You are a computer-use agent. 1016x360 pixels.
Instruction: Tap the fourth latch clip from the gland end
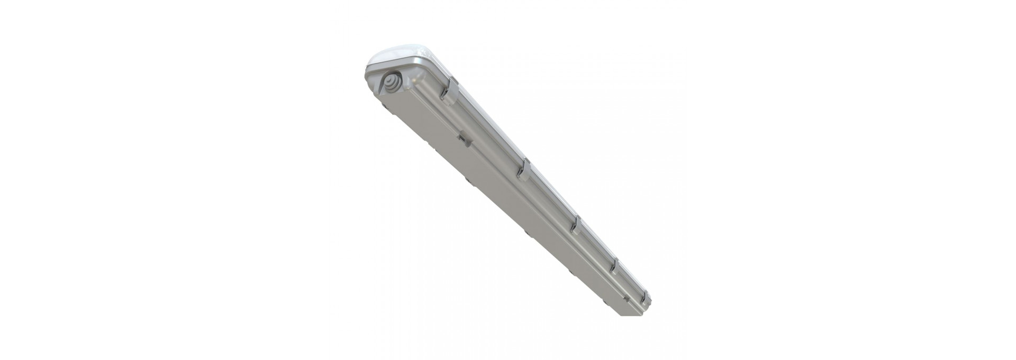(614, 266)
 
